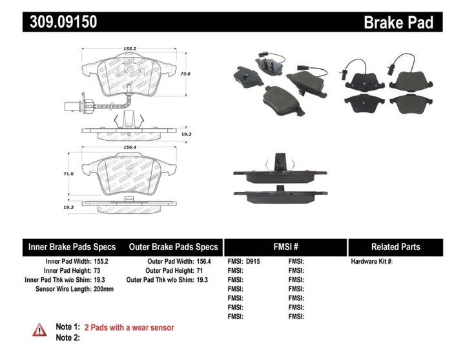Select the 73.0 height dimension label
[x=185, y=74]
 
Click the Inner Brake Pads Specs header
[x=72, y=247]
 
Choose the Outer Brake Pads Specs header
[x=173, y=247]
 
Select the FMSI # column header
[x=285, y=247]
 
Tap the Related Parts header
[x=395, y=247]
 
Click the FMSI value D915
[x=253, y=262]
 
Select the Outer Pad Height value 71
[x=200, y=271]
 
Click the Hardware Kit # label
[x=371, y=262]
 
